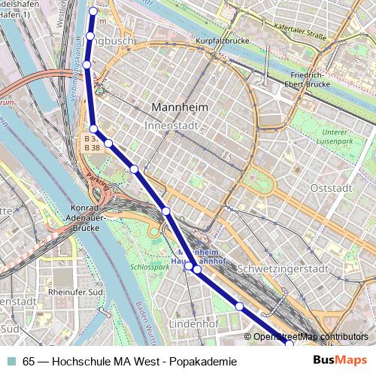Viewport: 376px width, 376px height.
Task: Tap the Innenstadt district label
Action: point(173,125)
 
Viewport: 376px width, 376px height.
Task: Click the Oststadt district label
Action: point(331,188)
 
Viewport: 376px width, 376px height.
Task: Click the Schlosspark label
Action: point(150,266)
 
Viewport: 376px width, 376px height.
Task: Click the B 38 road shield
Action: point(92,148)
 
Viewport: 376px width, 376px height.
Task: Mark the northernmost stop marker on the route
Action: point(94,11)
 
